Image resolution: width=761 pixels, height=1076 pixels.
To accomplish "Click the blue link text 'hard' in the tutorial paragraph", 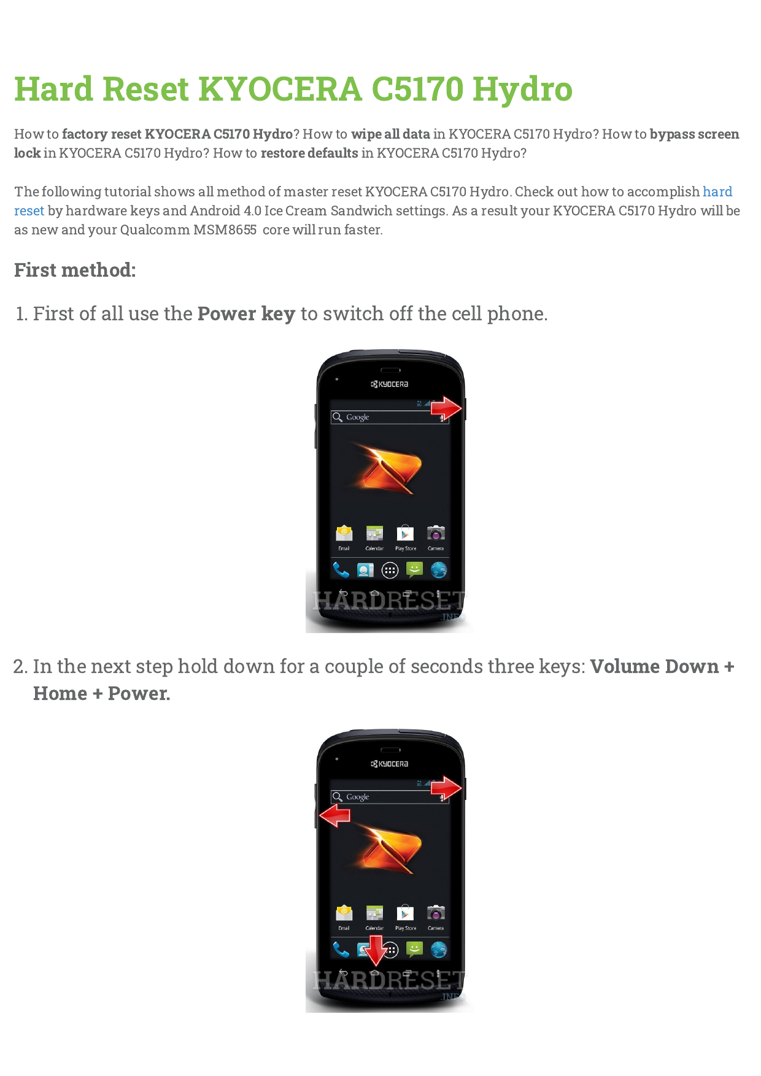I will click(x=717, y=191).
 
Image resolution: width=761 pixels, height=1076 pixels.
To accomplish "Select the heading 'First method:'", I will click(x=75, y=270).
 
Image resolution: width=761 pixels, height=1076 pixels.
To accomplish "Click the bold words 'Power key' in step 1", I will click(x=246, y=313).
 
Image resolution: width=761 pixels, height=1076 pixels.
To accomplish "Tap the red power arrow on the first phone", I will click(x=446, y=408).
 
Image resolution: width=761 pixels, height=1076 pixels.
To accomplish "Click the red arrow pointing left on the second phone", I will click(x=335, y=816).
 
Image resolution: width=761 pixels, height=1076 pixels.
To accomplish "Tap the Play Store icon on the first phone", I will click(x=405, y=533).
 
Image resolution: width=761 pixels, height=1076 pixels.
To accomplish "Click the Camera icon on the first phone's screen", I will click(x=436, y=532).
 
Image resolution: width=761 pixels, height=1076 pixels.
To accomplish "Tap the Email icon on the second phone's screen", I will click(x=344, y=913).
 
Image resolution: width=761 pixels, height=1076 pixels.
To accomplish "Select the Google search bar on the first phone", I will click(x=387, y=417).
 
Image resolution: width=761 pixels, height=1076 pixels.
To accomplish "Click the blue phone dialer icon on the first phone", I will click(x=341, y=570).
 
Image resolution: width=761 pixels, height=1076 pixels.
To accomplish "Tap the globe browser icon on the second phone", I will click(x=439, y=950).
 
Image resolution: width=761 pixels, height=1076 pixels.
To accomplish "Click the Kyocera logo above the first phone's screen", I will click(x=390, y=384).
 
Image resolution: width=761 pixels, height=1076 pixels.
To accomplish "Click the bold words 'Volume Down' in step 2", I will click(x=654, y=666).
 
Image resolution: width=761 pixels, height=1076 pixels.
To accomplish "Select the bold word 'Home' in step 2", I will click(x=60, y=693).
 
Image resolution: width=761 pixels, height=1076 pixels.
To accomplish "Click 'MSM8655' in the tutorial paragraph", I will click(x=225, y=229).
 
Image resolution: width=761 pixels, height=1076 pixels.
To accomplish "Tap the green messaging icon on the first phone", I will click(x=415, y=570).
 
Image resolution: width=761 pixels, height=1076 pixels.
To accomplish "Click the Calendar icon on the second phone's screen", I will click(x=374, y=913).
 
